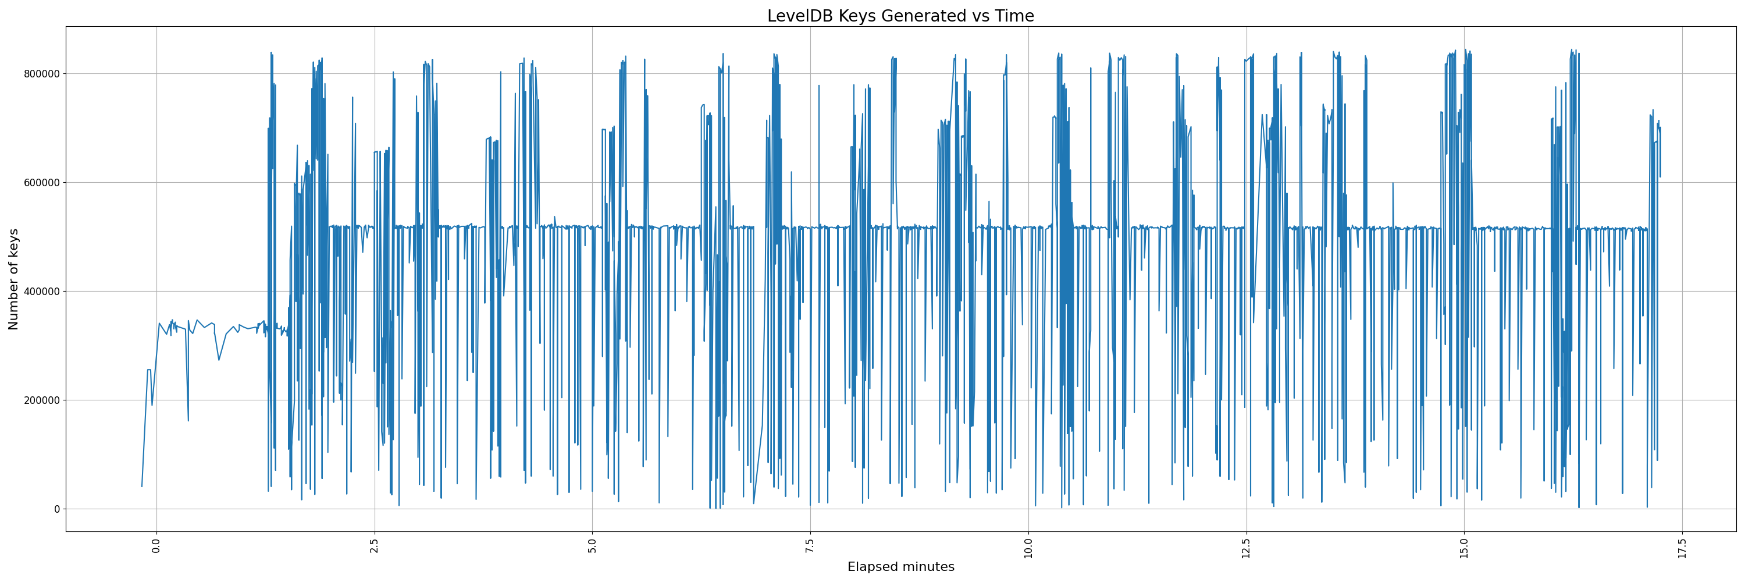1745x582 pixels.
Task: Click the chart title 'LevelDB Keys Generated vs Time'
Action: coord(900,16)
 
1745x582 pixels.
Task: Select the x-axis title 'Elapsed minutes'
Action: coord(900,567)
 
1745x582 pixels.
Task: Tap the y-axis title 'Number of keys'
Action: coord(13,279)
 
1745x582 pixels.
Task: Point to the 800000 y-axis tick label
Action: coord(38,74)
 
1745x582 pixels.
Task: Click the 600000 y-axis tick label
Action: coord(38,183)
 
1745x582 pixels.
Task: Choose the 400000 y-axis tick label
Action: coord(38,292)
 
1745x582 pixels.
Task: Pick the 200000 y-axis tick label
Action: coord(38,400)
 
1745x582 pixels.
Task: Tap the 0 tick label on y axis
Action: coord(57,509)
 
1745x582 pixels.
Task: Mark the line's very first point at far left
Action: coord(141,487)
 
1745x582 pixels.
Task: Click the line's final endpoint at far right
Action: coord(1660,177)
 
